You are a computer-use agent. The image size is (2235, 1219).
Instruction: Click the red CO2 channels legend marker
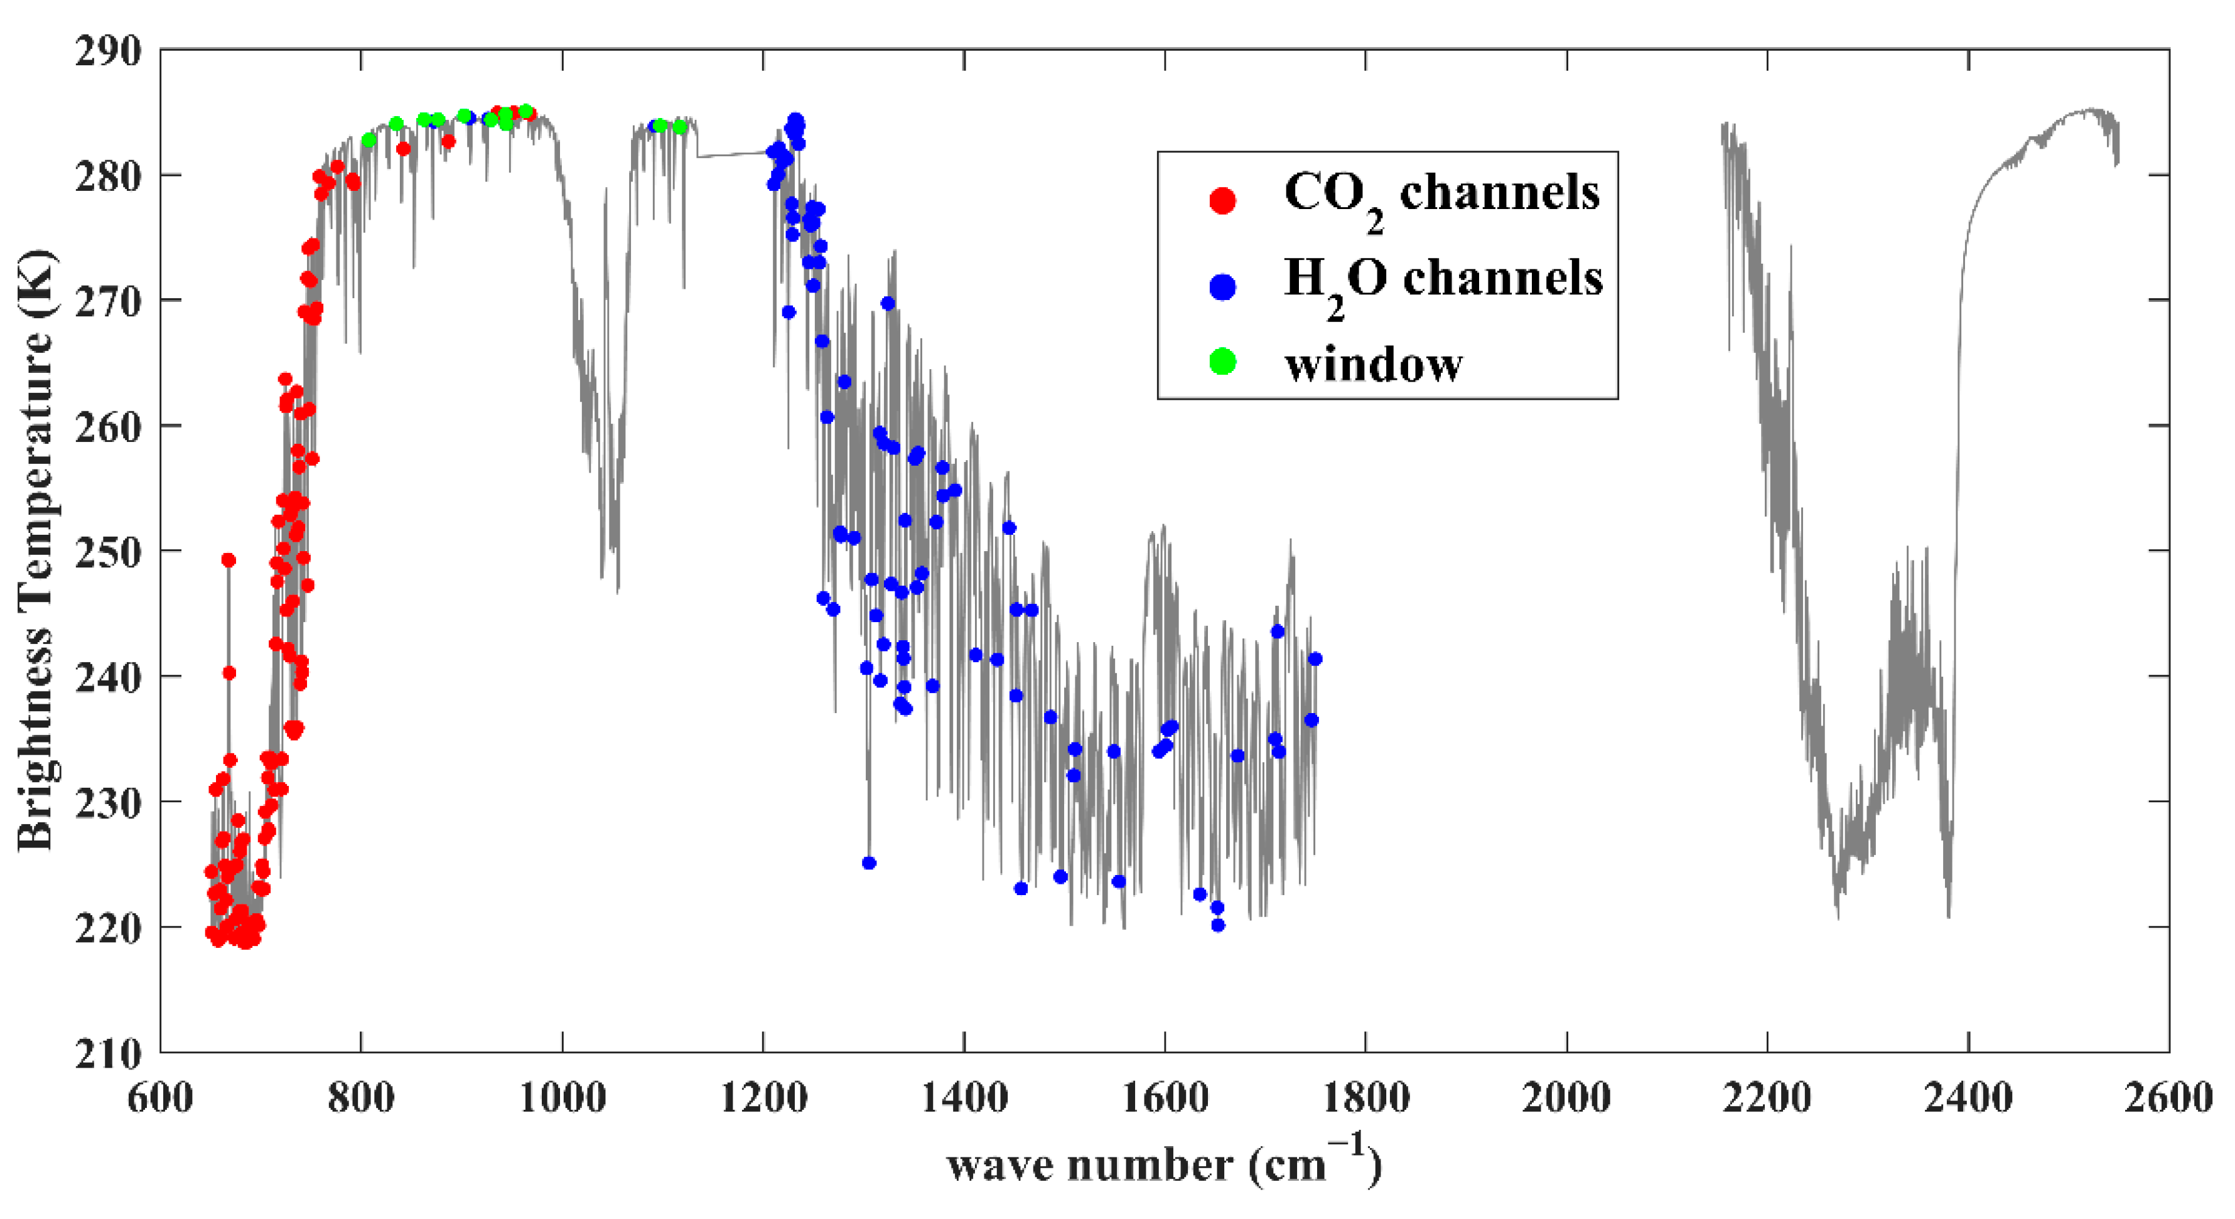point(1222,200)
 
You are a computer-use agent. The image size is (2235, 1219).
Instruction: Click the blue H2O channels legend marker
point(1222,286)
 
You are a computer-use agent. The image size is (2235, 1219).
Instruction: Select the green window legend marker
point(1222,361)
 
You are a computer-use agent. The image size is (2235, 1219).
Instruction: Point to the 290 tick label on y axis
point(107,52)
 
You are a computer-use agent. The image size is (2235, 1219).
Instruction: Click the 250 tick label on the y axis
point(107,552)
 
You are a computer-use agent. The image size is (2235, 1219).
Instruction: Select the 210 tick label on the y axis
point(107,1054)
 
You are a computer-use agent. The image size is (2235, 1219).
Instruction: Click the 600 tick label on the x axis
point(161,1097)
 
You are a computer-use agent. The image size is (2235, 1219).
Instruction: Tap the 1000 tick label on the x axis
point(563,1097)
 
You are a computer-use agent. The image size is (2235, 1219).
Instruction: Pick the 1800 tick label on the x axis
point(1365,1097)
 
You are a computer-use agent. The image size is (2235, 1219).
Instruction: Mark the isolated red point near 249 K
point(228,560)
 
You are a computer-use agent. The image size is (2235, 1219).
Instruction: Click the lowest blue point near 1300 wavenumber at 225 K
point(868,862)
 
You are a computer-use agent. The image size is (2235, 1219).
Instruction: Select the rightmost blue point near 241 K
point(1315,658)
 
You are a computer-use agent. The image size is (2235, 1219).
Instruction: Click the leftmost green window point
point(369,140)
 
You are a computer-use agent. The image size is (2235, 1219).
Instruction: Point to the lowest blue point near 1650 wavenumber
point(1217,925)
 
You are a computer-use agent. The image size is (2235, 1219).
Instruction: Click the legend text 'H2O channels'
point(1442,280)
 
